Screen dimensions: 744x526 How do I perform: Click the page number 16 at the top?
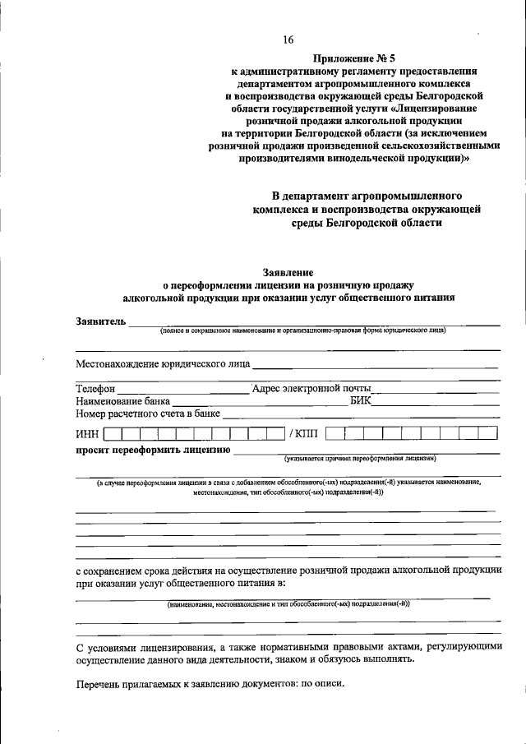point(288,39)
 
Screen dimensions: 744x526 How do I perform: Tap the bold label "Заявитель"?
point(101,321)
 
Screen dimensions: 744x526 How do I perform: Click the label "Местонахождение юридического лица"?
point(164,363)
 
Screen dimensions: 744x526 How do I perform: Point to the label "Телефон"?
point(96,388)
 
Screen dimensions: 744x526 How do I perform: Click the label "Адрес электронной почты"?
point(312,388)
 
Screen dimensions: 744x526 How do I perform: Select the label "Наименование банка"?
point(123,400)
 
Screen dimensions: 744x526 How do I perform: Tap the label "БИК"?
point(360,400)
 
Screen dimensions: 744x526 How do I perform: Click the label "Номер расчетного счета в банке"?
point(149,414)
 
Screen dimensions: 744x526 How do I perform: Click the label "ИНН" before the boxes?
point(88,432)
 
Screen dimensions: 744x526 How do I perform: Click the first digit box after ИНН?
point(113,432)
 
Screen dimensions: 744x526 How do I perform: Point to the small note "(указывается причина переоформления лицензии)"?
point(360,457)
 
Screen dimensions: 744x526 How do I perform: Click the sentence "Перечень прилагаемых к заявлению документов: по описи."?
point(210,684)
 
